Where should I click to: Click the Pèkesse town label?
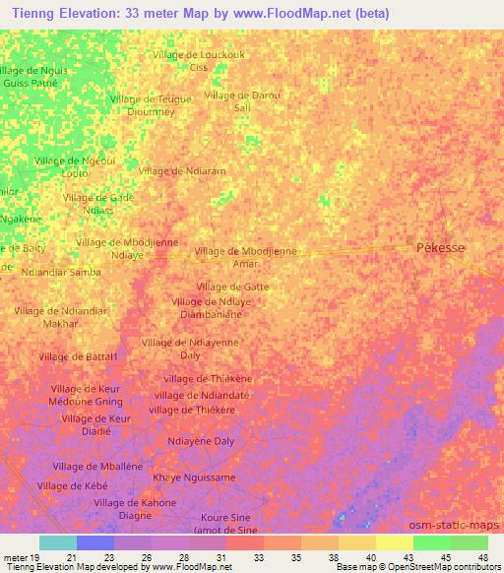441,249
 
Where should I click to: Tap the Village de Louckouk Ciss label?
198,61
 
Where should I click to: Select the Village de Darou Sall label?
242,101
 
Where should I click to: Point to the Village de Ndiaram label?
183,171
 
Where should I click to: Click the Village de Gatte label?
232,286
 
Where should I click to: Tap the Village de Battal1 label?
79,356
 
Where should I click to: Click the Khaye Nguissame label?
194,477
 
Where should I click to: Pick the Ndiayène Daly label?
201,441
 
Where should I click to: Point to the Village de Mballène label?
97,467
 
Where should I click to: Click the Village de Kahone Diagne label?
135,509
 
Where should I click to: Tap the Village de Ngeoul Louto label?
75,166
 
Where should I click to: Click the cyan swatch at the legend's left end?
58,542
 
